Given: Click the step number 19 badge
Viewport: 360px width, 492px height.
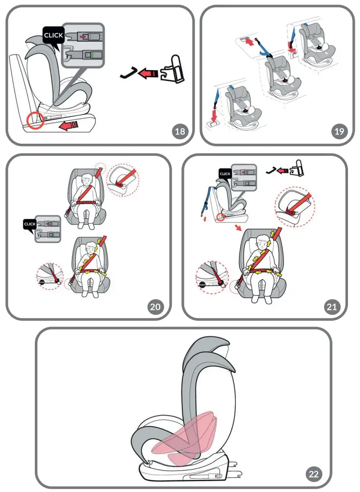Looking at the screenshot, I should click(x=340, y=131).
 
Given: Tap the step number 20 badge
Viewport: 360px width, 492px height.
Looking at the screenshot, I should click(x=155, y=306).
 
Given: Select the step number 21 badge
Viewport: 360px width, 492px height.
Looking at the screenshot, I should click(x=332, y=306).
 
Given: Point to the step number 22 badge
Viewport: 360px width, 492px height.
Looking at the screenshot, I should click(x=314, y=474).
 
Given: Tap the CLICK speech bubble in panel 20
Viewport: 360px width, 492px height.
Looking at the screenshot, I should click(x=30, y=224).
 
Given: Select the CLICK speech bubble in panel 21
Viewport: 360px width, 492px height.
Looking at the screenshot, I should click(x=225, y=174).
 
